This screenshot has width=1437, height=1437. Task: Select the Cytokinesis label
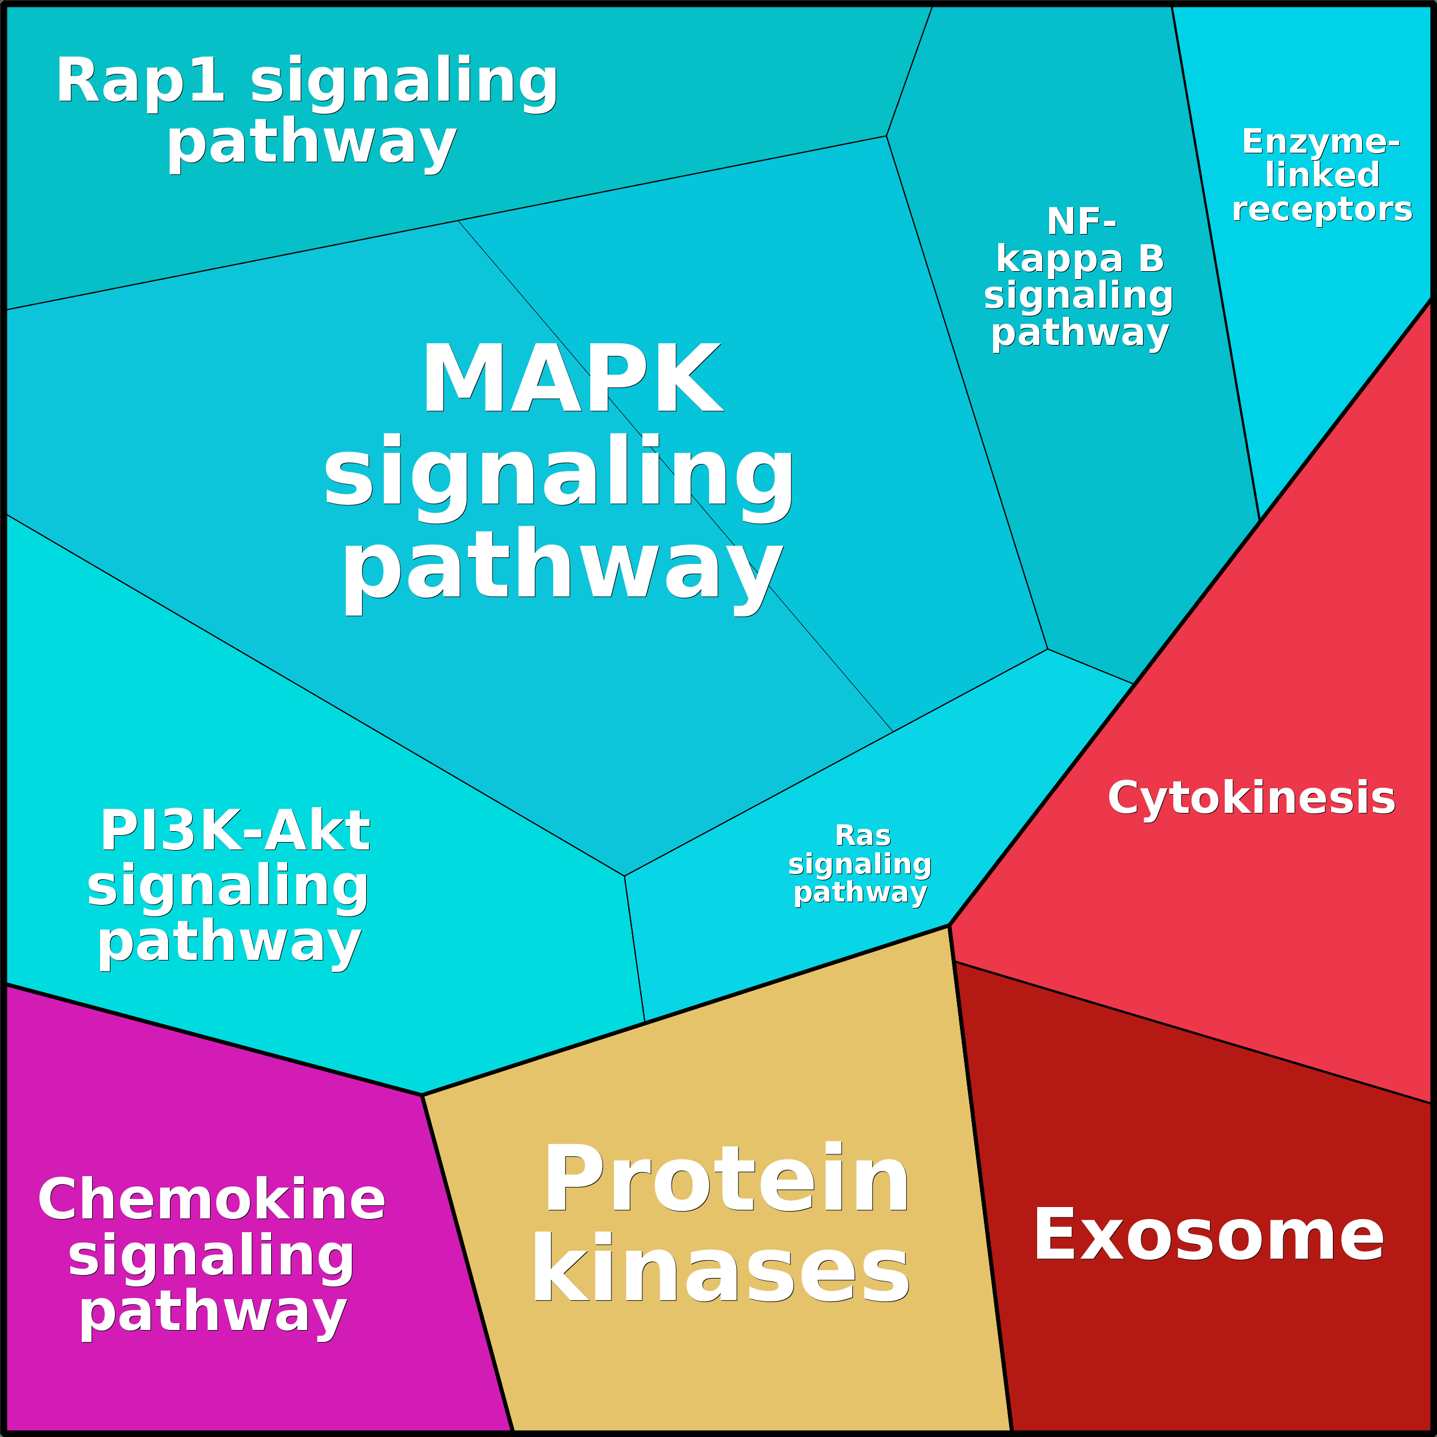pos(1251,799)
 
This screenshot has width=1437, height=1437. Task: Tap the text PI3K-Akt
pos(235,830)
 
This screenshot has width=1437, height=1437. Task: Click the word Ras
pos(863,836)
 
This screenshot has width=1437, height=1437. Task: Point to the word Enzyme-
pos(1321,141)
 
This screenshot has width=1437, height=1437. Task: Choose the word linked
pos(1321,175)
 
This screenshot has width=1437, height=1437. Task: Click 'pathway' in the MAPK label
pos(562,570)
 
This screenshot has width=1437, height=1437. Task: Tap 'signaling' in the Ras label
pos(860,864)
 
